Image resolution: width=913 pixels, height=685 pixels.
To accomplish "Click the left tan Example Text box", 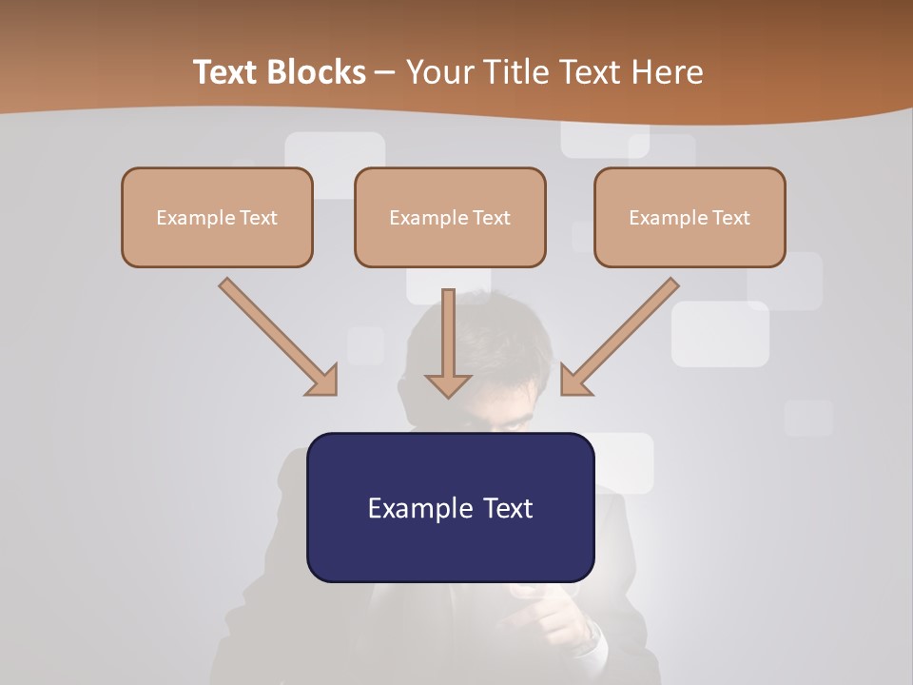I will [x=217, y=217].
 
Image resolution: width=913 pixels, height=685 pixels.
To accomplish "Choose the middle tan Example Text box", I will [x=450, y=217].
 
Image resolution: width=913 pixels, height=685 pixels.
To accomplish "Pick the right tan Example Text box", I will [x=690, y=217].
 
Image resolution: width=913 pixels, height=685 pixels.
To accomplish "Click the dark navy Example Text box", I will [x=450, y=507].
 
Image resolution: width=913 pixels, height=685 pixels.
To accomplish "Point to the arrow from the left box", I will [x=276, y=335].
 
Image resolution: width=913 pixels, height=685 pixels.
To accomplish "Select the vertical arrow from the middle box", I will [x=449, y=338].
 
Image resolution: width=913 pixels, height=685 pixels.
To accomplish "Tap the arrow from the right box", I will [x=623, y=335].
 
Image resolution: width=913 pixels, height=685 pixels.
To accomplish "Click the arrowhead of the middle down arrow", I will [x=449, y=384].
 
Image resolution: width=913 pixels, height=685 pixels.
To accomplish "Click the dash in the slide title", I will [x=385, y=72].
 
